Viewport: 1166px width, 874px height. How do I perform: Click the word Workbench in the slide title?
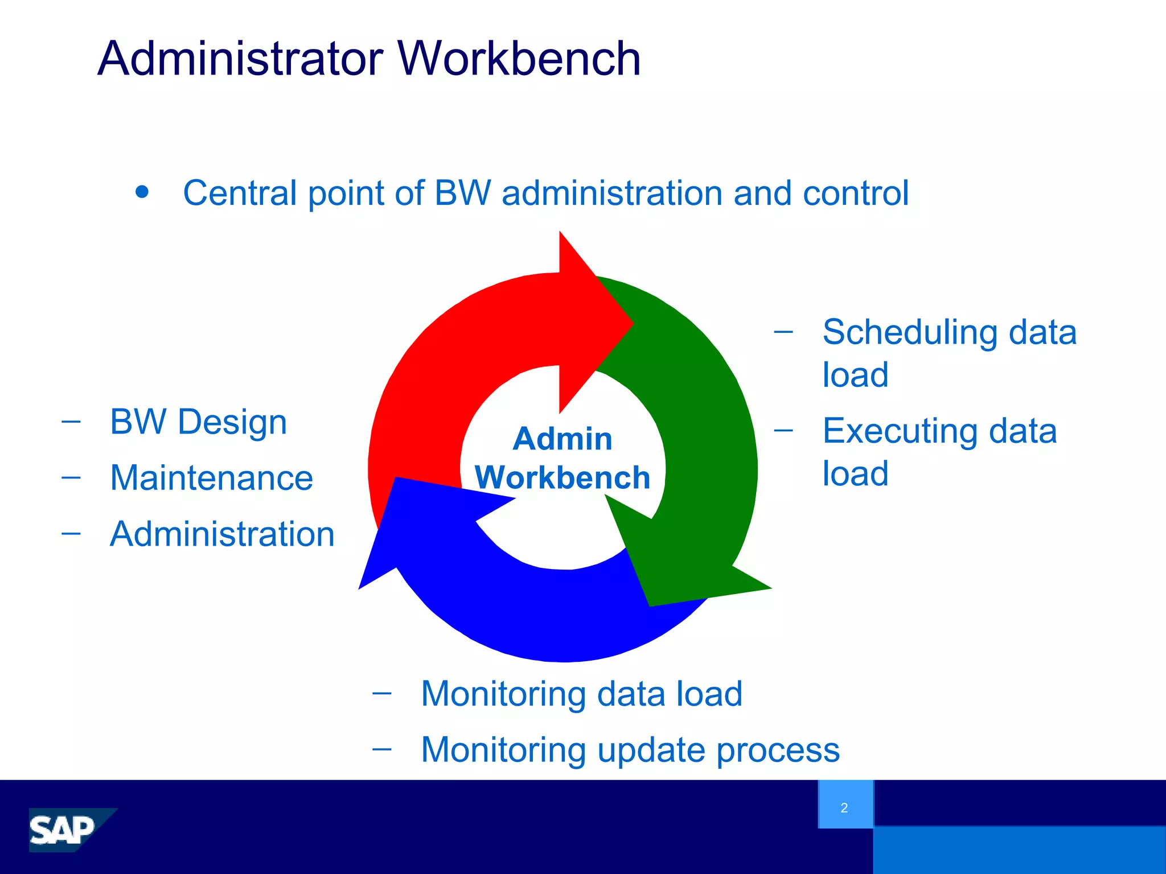point(519,59)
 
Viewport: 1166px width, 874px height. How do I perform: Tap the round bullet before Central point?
point(142,192)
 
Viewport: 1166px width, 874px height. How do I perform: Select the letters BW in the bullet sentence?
point(462,193)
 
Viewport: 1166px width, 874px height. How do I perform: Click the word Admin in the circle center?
point(563,439)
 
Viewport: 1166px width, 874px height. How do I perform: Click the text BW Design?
point(198,422)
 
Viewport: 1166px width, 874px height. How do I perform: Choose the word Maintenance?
point(211,478)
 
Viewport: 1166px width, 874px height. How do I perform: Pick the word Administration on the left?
point(222,534)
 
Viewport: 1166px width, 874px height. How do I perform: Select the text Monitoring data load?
point(581,694)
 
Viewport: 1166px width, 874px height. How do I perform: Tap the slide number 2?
point(844,808)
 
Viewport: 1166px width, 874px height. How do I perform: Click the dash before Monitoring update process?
point(382,749)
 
